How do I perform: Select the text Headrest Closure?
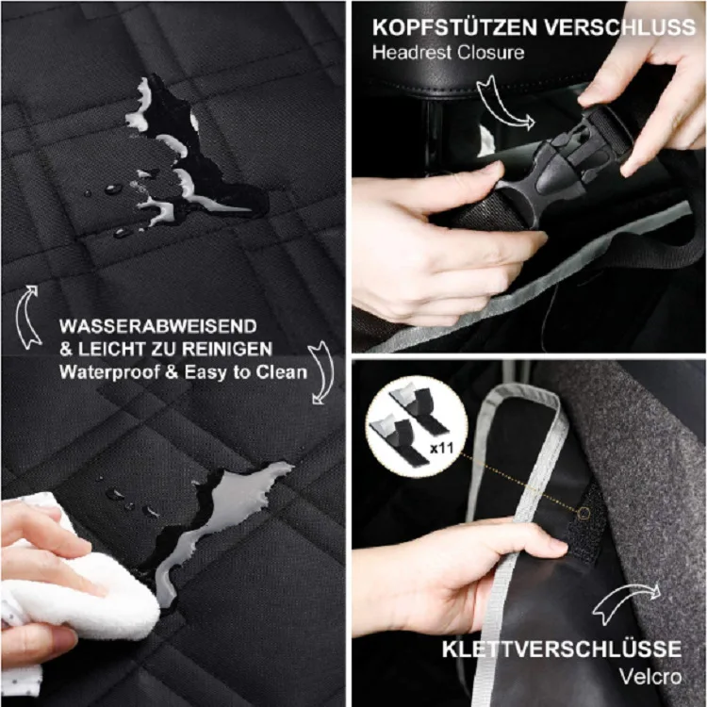coord(447,52)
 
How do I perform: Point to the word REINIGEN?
coord(236,349)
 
